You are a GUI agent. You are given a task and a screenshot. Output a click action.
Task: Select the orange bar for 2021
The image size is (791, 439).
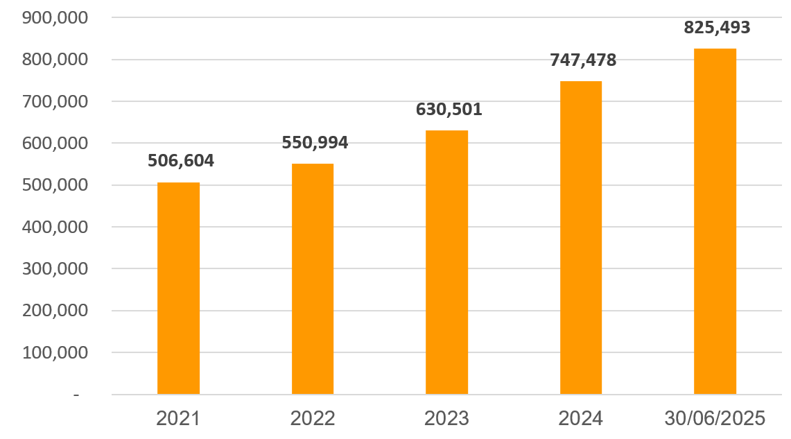178,288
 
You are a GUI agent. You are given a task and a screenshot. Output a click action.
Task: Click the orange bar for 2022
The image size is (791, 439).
313,279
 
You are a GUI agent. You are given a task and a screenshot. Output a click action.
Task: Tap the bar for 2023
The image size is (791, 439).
447,262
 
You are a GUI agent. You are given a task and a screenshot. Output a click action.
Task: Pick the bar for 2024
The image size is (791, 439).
581,238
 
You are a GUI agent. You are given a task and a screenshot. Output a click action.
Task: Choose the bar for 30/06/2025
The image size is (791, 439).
715,221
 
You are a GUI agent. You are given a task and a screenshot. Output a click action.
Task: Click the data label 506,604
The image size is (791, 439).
181,161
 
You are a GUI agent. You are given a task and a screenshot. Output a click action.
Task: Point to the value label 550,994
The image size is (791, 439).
315,143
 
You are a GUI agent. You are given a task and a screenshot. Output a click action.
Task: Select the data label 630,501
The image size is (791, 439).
449,110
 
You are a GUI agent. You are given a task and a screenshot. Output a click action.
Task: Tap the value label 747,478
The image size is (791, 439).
583,60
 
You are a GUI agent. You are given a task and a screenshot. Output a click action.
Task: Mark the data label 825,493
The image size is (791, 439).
717,28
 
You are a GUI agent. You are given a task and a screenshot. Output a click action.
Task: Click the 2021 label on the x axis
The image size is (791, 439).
178,419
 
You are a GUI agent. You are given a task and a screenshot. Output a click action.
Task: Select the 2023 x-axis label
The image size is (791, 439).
447,419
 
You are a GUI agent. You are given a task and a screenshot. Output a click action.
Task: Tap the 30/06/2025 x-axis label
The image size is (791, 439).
715,419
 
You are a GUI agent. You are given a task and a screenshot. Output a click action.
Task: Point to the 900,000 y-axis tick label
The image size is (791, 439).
55,18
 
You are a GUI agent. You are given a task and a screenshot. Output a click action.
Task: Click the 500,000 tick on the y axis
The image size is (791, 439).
55,185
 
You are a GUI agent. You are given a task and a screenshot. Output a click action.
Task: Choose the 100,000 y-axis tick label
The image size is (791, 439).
55,352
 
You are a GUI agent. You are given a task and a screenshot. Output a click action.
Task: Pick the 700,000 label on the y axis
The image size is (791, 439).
55,101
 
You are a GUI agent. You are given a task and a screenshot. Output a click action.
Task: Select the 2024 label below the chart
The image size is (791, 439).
581,419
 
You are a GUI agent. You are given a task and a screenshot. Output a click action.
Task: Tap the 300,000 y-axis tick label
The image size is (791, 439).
55,269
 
